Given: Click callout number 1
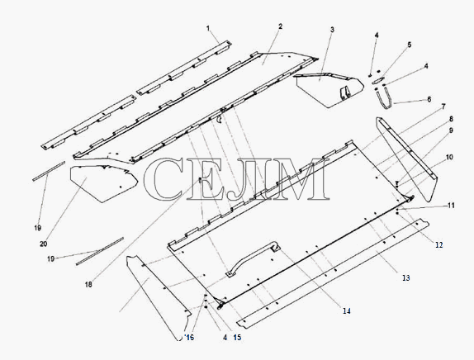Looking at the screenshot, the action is click(208, 28).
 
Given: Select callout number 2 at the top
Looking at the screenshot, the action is click(281, 26).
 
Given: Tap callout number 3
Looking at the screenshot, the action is click(332, 30).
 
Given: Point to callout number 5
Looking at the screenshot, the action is click(410, 45).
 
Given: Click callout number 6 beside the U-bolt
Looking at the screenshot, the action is click(429, 99).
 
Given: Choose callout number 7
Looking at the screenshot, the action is click(443, 107).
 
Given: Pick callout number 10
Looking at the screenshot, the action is click(449, 157).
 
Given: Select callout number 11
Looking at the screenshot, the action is click(451, 206).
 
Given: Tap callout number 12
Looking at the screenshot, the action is click(439, 245).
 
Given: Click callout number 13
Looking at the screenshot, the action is click(405, 277).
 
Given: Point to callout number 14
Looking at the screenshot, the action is click(347, 310).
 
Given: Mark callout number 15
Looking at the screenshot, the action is click(237, 338).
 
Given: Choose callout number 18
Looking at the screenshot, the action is click(88, 284).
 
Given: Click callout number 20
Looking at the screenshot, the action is click(44, 244).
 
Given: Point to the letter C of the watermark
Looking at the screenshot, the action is click(164, 179).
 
